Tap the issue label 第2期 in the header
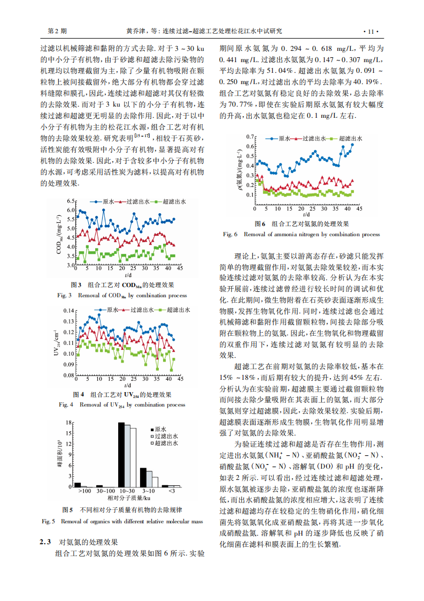point(57,31)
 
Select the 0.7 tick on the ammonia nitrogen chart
point(250,138)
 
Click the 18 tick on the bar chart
point(68,423)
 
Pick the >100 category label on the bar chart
point(84,491)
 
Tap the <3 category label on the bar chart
point(171,491)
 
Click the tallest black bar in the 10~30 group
point(121,455)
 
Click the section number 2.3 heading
point(45,542)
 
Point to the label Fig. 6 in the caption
point(230,234)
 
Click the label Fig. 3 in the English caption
point(65,295)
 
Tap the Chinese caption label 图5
point(67,509)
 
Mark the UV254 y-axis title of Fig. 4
point(56,343)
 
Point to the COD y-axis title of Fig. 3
point(59,234)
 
